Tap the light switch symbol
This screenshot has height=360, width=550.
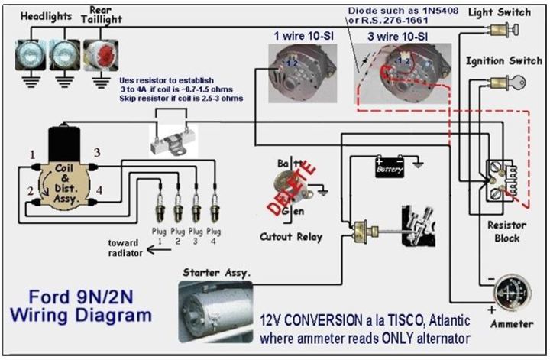503,31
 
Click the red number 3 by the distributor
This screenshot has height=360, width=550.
97,153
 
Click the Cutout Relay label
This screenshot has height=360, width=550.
291,236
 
